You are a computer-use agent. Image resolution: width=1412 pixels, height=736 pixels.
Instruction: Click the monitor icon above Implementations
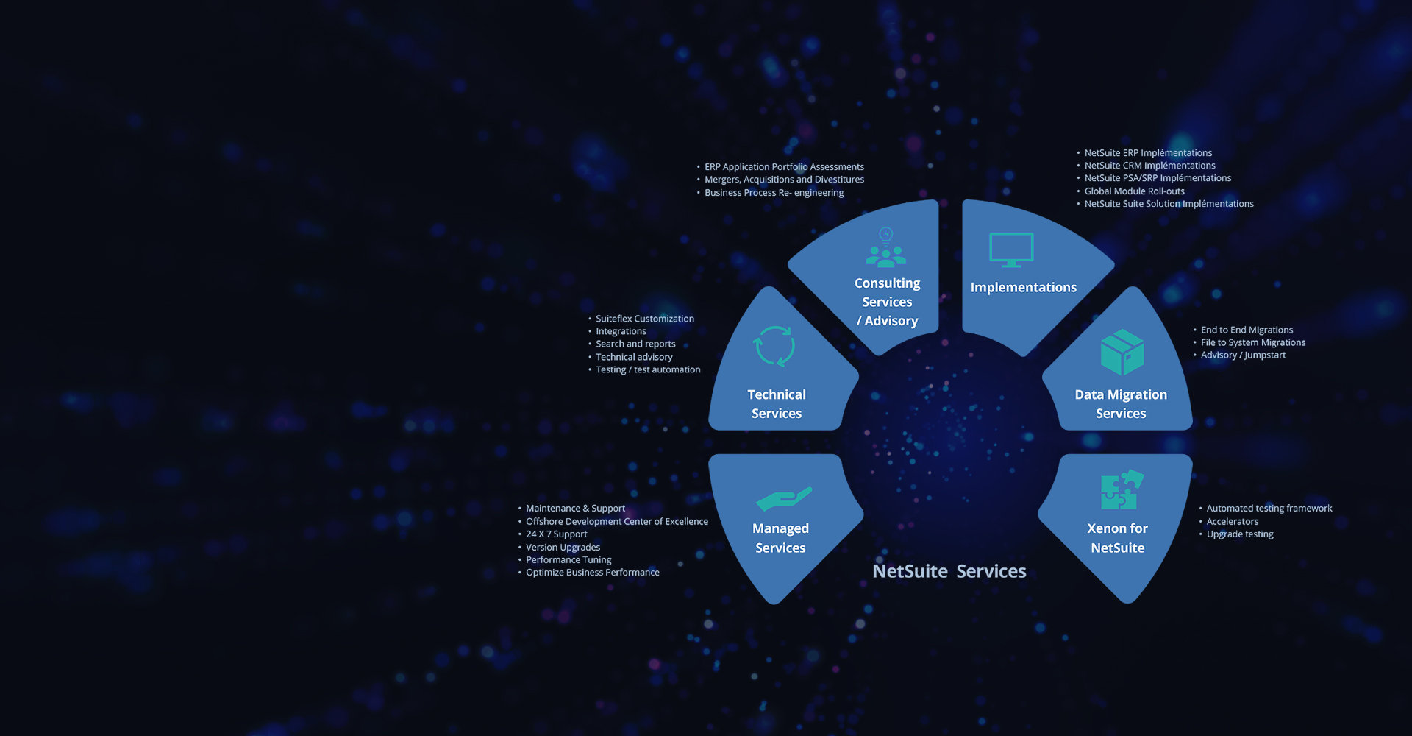coord(1011,250)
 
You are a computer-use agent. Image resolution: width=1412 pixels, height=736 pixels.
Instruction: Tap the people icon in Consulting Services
coord(886,249)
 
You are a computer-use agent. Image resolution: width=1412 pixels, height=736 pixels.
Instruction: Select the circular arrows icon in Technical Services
coord(774,346)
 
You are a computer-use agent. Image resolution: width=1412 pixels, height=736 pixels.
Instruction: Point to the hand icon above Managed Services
coord(783,499)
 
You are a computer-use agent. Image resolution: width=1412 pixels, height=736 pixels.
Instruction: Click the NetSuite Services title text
coord(949,571)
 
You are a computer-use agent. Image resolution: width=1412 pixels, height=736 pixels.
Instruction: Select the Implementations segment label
coord(1023,288)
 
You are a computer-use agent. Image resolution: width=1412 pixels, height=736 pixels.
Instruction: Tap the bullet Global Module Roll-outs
coord(1134,191)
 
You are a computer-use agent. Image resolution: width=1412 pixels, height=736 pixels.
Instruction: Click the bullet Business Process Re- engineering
coord(774,193)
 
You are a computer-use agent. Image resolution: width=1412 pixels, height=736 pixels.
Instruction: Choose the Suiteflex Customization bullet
coord(644,319)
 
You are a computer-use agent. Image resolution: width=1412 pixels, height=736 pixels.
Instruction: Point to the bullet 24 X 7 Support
coord(556,534)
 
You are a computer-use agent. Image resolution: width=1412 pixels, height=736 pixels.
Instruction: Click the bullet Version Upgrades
coord(563,548)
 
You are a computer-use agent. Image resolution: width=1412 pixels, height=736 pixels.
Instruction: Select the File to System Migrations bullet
coord(1252,342)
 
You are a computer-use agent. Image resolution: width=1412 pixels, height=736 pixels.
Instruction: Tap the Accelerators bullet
coord(1232,522)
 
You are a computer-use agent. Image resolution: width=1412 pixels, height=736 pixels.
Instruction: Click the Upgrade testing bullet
coord(1239,534)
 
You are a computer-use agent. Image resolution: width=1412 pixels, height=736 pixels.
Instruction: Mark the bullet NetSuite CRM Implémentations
coord(1149,166)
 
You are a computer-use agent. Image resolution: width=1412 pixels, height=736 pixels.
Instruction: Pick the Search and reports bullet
coord(635,344)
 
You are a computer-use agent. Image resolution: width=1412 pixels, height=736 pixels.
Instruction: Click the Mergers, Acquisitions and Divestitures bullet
coord(784,180)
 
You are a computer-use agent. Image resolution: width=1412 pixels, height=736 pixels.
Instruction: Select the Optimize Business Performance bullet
coord(592,573)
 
